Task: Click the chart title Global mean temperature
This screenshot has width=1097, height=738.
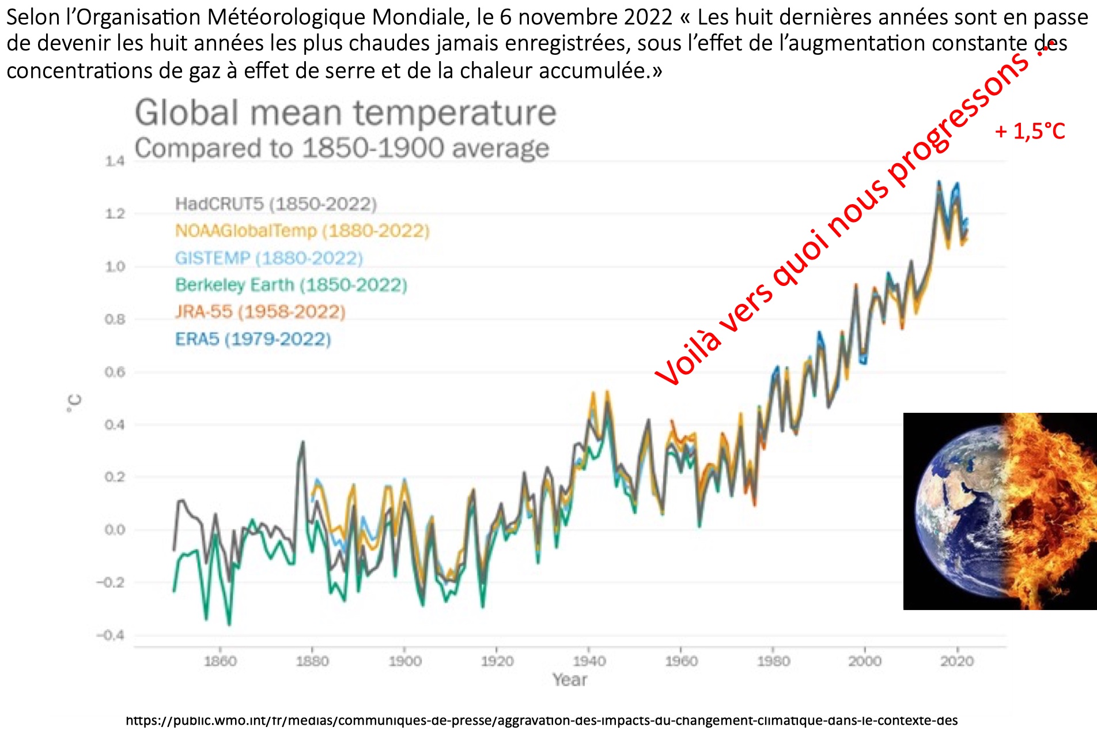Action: [346, 113]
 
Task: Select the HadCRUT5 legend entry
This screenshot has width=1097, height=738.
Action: [275, 204]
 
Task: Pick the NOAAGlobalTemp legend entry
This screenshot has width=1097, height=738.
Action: [302, 231]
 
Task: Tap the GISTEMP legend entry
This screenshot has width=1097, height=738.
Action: [269, 258]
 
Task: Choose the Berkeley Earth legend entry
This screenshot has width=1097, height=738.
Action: [291, 285]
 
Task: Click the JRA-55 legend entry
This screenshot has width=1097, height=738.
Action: [260, 312]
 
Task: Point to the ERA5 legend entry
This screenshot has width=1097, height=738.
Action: [253, 339]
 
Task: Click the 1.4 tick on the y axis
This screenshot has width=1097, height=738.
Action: [115, 161]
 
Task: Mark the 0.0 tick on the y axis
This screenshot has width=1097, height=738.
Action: [115, 530]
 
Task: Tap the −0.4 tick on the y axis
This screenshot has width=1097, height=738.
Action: [111, 635]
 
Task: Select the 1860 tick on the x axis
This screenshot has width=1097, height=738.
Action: [220, 661]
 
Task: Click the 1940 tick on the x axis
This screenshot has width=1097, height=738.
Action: [589, 661]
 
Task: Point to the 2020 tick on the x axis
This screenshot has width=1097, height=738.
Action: [957, 661]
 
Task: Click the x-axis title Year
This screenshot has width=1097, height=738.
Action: [569, 680]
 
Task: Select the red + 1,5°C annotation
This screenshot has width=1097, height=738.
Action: [1030, 131]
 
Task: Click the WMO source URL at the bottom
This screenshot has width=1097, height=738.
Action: [542, 721]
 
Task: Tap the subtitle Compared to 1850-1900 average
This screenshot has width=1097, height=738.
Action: [342, 149]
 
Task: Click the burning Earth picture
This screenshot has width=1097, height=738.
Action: [1000, 511]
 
